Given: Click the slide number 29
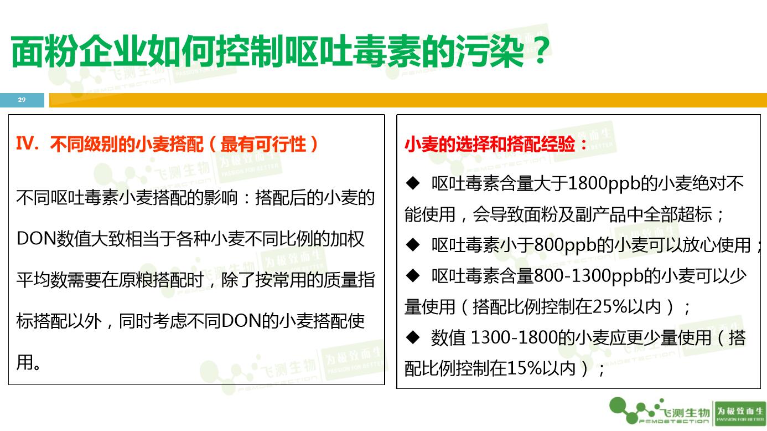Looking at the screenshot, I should [22, 100].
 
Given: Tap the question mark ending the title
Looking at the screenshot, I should [537, 52].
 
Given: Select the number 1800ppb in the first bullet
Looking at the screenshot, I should [604, 183].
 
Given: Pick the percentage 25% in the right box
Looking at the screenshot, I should [608, 306].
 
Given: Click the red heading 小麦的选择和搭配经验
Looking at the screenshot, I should [496, 144].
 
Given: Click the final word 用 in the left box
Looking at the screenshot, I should [25, 362].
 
